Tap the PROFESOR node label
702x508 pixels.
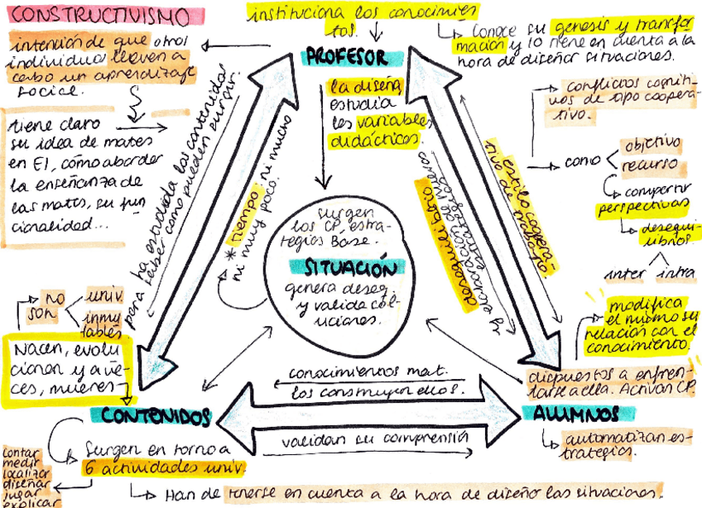347,58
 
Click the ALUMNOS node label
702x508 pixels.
577,413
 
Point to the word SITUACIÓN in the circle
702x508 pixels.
347,268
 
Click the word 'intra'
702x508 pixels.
674,273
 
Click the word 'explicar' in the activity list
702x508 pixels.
20,502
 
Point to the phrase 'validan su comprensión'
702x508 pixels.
373,440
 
